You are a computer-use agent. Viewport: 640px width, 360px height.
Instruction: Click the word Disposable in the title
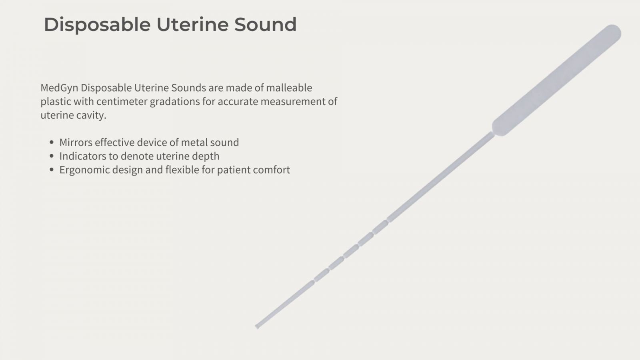tap(97, 25)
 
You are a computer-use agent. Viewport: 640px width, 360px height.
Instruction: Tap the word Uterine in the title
tap(192, 24)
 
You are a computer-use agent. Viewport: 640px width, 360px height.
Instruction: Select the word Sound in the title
tap(266, 24)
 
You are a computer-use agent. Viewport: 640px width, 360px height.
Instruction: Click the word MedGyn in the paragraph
tap(60, 88)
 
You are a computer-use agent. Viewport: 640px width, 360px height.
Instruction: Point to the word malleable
tap(289, 88)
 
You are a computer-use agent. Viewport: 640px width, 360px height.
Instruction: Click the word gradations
tap(175, 102)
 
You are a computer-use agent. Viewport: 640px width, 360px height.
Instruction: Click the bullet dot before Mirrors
tap(52, 142)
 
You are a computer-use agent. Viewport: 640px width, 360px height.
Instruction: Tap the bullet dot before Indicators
tap(52, 156)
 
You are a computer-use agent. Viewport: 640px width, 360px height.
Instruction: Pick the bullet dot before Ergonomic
tap(52, 170)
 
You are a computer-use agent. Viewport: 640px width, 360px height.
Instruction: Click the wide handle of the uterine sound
tap(556, 80)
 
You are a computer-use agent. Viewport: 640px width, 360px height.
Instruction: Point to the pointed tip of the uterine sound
tap(257, 326)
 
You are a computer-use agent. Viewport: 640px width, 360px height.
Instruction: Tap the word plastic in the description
tap(56, 102)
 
